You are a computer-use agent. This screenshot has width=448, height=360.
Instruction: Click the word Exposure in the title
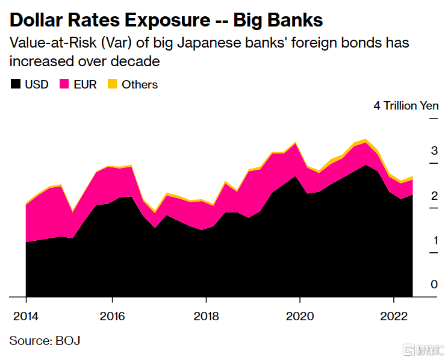167,20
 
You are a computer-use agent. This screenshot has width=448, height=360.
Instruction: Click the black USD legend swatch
16,84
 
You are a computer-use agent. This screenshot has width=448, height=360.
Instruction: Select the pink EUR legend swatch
64,84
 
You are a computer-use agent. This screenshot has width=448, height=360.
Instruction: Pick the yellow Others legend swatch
112,84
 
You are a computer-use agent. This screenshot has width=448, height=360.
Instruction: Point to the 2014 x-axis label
26,316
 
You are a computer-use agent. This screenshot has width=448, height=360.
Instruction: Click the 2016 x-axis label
112,316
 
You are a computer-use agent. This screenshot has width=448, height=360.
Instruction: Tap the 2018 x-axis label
206,316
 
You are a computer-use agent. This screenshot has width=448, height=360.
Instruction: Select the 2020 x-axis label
300,316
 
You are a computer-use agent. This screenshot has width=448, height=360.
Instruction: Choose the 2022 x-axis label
394,316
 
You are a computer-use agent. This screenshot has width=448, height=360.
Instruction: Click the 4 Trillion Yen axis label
406,106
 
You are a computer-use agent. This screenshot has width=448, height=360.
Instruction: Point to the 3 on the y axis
434,151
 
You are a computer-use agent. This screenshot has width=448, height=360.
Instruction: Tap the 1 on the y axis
435,241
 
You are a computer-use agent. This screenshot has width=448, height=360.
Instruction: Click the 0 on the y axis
434,284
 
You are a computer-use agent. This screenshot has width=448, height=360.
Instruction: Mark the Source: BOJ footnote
45,341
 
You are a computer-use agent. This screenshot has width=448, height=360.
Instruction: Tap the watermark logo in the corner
423,350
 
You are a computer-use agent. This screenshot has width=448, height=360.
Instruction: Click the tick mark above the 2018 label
206,300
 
